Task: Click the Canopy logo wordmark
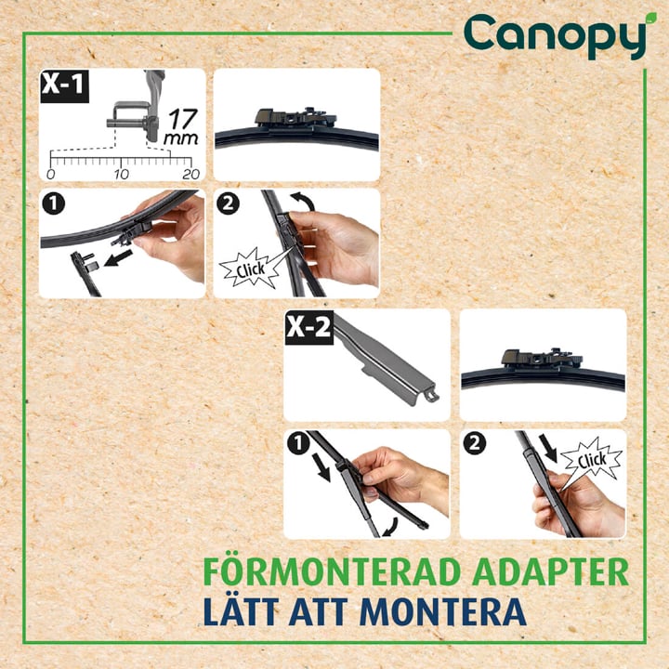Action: [555, 36]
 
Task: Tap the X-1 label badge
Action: [64, 85]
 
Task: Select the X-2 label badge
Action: [308, 328]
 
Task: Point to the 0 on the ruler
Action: [51, 174]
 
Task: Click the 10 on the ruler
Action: [121, 174]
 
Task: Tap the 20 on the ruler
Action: [191, 174]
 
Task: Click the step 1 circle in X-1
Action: [54, 203]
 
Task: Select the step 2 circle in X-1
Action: [229, 203]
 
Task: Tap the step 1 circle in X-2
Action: [298, 444]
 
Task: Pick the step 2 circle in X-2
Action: [475, 444]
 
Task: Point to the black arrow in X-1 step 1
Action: [118, 258]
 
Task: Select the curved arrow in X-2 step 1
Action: [391, 528]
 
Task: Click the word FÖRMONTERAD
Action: [332, 571]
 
